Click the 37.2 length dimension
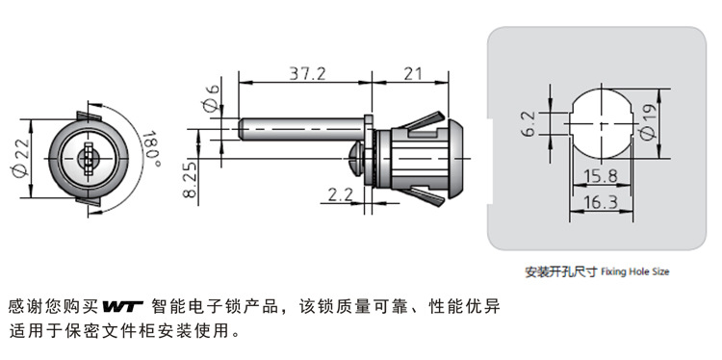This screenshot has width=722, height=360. coord(307,73)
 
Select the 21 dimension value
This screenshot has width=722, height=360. coord(412,73)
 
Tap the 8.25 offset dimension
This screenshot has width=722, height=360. coord(191,180)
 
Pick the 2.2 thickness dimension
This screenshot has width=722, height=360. coord(340,195)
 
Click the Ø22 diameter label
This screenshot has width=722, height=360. coord(21,158)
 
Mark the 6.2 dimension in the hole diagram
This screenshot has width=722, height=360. coord(529,123)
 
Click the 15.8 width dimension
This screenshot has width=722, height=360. coord(601,175)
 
